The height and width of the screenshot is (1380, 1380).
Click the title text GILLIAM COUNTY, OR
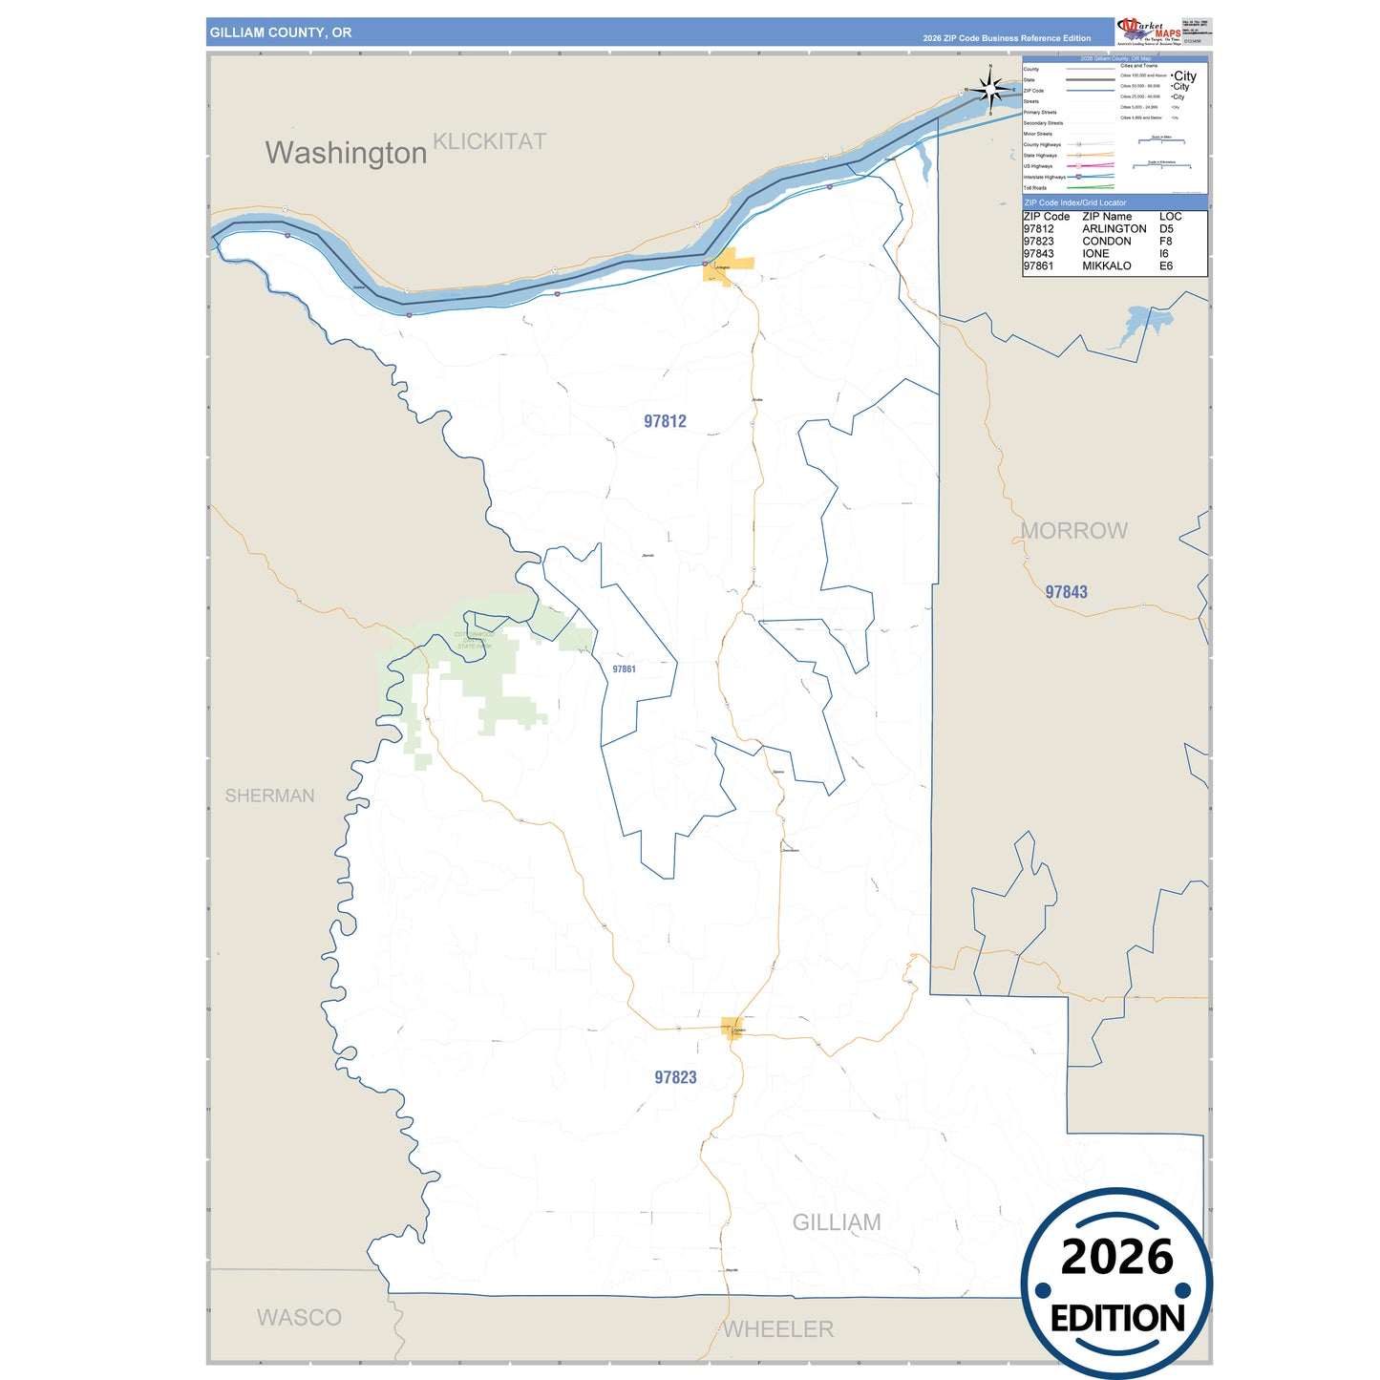[x=281, y=32]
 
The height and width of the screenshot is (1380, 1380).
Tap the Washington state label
[x=346, y=153]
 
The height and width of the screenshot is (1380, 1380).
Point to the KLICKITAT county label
[x=489, y=141]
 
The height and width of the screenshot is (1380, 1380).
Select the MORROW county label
[x=1074, y=531]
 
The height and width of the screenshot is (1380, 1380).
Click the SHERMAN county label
[x=269, y=796]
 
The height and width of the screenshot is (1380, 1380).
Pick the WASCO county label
[x=299, y=1318]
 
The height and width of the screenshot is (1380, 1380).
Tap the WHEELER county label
[x=778, y=1329]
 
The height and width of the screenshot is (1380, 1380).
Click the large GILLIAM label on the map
[x=837, y=1222]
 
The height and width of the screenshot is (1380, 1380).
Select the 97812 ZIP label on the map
[x=665, y=421]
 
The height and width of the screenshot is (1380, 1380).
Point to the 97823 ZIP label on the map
[x=675, y=1077]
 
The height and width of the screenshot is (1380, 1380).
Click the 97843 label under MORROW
[x=1066, y=592]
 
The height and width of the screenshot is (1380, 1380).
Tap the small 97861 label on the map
[x=624, y=669]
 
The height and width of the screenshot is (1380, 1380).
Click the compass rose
[x=990, y=90]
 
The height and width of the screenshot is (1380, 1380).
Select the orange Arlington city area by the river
[x=728, y=265]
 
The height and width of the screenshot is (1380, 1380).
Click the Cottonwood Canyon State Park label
[x=475, y=640]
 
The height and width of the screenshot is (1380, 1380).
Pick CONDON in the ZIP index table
[x=1106, y=242]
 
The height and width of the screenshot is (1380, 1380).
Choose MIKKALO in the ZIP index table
[x=1106, y=266]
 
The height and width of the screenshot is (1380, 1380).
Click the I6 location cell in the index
[x=1164, y=254]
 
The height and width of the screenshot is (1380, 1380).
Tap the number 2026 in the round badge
[x=1116, y=1257]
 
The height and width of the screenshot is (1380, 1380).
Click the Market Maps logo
[x=1149, y=31]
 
